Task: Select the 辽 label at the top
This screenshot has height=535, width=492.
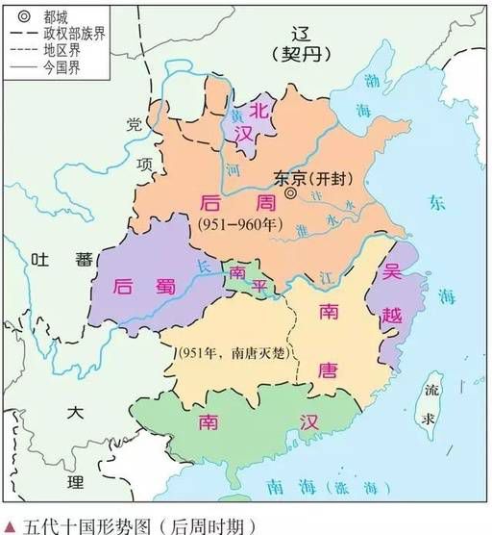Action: tap(300, 31)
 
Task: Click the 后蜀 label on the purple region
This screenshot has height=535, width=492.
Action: tap(135, 286)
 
